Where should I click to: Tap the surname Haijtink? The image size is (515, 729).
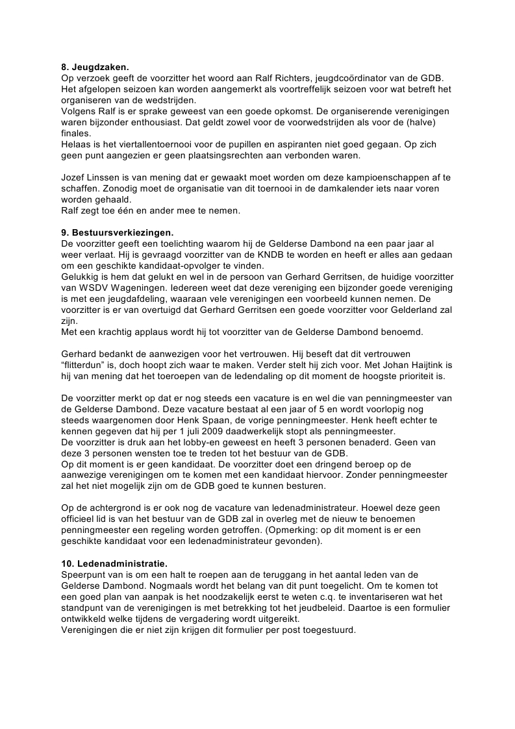coord(416,365)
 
